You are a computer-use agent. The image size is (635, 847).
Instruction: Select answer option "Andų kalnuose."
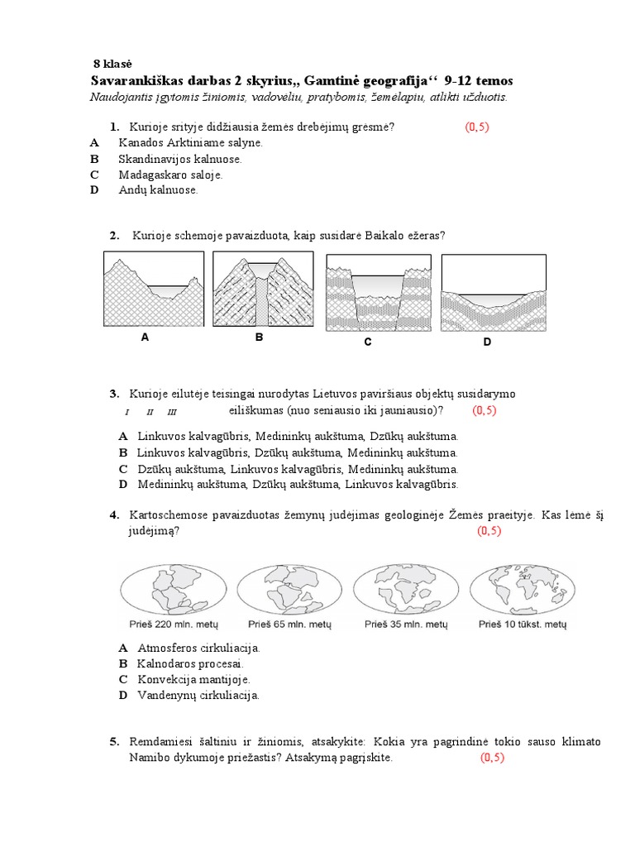tap(158, 190)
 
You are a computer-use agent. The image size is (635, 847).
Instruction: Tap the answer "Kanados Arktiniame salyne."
tap(190, 142)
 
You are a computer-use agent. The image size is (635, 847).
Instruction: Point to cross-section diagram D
tap(494, 291)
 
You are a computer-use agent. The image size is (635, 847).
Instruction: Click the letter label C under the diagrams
tap(367, 342)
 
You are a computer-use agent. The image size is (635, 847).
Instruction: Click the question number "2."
tap(115, 236)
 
